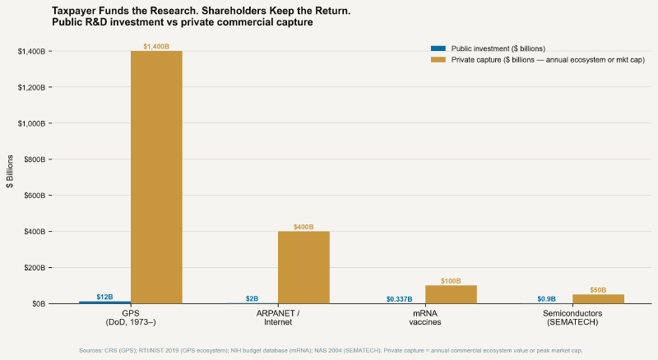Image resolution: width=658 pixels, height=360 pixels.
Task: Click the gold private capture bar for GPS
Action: pyautogui.click(x=156, y=177)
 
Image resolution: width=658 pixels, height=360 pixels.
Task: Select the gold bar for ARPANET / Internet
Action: pyautogui.click(x=304, y=267)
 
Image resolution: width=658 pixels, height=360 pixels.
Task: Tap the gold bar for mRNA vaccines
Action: pyautogui.click(x=451, y=294)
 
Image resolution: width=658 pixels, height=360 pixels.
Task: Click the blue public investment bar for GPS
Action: pyautogui.click(x=104, y=302)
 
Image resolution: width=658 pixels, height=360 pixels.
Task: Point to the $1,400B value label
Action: pyautogui.click(x=156, y=47)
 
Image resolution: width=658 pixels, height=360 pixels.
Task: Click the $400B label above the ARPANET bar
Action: pyautogui.click(x=304, y=227)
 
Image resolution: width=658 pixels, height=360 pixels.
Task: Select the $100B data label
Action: pyautogui.click(x=451, y=281)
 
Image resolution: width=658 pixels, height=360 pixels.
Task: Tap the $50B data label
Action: pyautogui.click(x=598, y=290)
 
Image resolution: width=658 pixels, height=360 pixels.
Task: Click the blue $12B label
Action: pyautogui.click(x=104, y=297)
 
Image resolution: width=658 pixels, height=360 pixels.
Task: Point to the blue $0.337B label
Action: pyautogui.click(x=399, y=299)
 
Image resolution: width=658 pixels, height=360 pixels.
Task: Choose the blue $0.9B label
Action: pyautogui.click(x=546, y=299)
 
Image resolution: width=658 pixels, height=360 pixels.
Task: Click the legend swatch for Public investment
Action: pyautogui.click(x=438, y=48)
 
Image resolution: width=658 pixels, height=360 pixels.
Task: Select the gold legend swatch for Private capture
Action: pyautogui.click(x=438, y=60)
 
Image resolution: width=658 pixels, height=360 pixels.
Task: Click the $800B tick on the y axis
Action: pyautogui.click(x=32, y=159)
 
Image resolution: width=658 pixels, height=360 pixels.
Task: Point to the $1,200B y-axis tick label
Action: pyautogui.click(x=30, y=87)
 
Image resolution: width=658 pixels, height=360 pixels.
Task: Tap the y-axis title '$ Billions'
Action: pyautogui.click(x=11, y=171)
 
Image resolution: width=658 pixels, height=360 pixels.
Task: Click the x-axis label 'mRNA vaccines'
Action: pyautogui.click(x=425, y=318)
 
